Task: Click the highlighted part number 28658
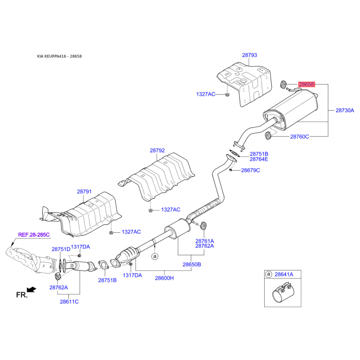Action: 306,85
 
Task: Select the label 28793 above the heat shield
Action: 250,55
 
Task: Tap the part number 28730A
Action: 345,110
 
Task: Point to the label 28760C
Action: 299,137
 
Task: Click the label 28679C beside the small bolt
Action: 251,171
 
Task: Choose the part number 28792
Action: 157,151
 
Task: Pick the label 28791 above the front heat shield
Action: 84,192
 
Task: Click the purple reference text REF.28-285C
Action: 34,234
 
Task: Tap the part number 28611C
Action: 69,301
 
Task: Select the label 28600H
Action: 164,278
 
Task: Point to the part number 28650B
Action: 192,265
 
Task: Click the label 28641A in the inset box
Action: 284,274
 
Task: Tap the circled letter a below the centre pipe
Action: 155,256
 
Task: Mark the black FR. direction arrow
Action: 31,289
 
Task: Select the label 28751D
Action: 61,249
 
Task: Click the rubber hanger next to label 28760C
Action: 268,135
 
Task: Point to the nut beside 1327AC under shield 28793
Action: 227,94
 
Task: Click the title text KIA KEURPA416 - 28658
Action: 59,56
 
